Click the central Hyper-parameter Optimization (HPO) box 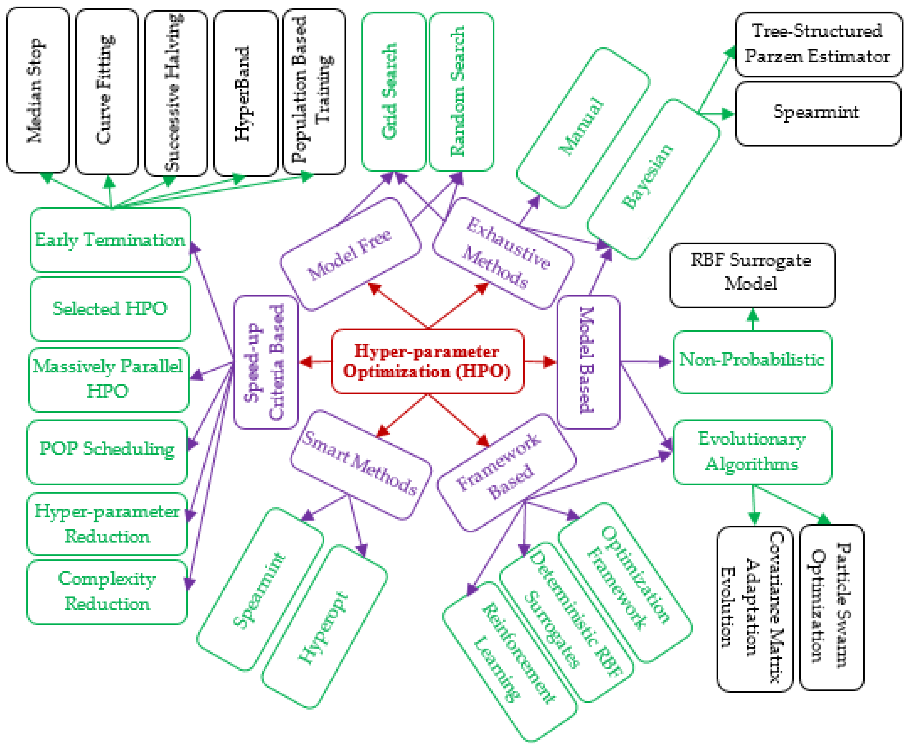(x=427, y=361)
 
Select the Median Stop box (x=38, y=91)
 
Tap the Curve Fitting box (x=107, y=92)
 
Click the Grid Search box (x=393, y=92)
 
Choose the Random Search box (x=461, y=92)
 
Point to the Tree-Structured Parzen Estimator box (x=819, y=44)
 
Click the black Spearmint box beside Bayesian (x=818, y=113)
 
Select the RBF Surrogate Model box (x=752, y=275)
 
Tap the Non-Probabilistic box (x=752, y=362)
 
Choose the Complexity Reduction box (x=107, y=591)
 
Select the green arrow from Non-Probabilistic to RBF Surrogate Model (x=753, y=320)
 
